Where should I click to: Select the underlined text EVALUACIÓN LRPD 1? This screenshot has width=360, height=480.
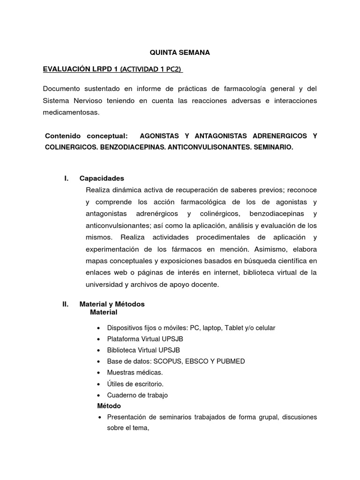pos(80,69)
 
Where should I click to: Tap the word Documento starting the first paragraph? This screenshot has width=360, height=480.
pos(60,89)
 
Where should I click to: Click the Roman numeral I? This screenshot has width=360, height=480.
pos(66,178)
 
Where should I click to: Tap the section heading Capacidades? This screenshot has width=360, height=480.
pos(102,178)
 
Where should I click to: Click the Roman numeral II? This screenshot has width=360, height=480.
pos(66,304)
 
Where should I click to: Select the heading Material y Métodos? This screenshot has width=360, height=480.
pos(112,304)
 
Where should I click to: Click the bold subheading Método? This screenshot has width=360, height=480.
pos(109,405)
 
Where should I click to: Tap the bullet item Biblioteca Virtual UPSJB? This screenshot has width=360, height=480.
pos(143,350)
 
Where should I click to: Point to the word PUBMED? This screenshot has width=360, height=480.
pos(231,361)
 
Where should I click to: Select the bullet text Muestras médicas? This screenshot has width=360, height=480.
pos(135,372)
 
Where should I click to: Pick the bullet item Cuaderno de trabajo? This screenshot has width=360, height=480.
pos(137,395)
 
